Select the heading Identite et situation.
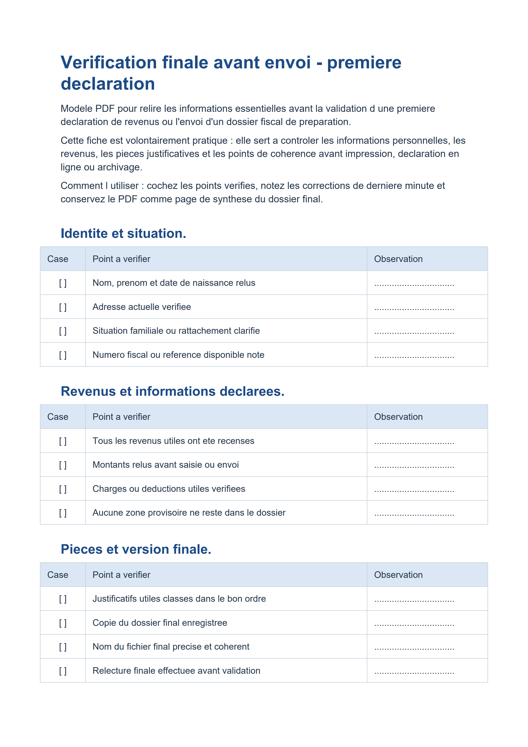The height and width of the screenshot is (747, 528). tap(123, 234)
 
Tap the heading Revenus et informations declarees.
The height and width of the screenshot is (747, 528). tap(172, 391)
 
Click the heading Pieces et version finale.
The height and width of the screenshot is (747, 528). tap(136, 549)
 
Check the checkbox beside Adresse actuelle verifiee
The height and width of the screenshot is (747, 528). tap(63, 307)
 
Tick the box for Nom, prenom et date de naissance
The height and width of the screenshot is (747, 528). tap(63, 283)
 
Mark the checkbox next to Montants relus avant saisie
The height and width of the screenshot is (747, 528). tap(63, 465)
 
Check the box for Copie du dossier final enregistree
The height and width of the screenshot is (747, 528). tap(63, 623)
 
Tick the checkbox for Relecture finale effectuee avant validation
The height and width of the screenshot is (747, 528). tap(63, 671)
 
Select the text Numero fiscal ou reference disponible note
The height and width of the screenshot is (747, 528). tap(178, 355)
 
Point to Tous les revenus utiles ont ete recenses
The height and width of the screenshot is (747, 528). tap(173, 441)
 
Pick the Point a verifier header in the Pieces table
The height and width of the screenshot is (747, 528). tap(121, 575)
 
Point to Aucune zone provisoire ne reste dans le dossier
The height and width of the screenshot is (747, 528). tap(189, 513)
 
